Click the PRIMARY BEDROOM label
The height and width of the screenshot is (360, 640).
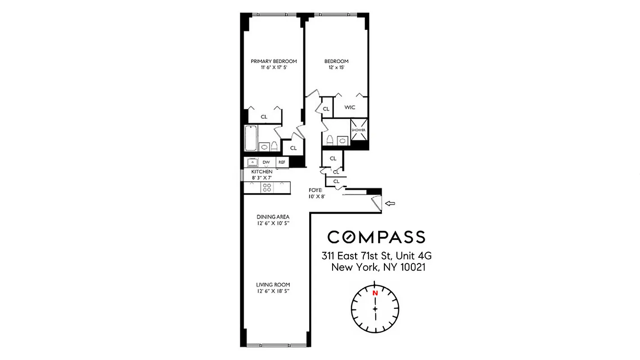pyautogui.click(x=274, y=61)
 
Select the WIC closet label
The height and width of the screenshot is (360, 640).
pyautogui.click(x=350, y=108)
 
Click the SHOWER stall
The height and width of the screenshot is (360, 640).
pyautogui.click(x=359, y=130)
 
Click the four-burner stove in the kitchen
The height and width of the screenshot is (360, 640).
pyautogui.click(x=267, y=187)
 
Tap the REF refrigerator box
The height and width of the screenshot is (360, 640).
pyautogui.click(x=282, y=162)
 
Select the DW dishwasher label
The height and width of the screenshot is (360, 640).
pyautogui.click(x=266, y=162)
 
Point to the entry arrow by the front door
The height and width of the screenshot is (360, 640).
pyautogui.click(x=390, y=204)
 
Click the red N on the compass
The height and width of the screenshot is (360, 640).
pyautogui.click(x=374, y=293)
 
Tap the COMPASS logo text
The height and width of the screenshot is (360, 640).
pyautogui.click(x=376, y=237)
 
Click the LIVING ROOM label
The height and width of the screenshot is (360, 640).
pyautogui.click(x=273, y=285)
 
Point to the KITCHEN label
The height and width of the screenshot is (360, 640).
pyautogui.click(x=261, y=172)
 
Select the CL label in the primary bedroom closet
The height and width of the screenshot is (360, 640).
pyautogui.click(x=264, y=117)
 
